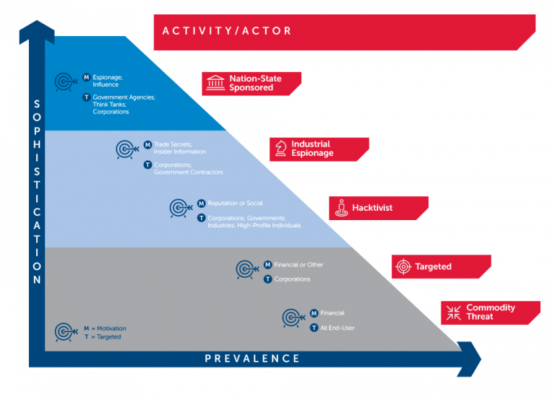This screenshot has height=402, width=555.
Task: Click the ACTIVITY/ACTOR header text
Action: (x=227, y=31)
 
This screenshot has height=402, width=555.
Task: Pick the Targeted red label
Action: (x=433, y=267)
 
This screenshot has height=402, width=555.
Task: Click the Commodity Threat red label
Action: (x=490, y=312)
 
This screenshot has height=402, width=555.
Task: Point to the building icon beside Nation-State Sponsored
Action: (x=215, y=83)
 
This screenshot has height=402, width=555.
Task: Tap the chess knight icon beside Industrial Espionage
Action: (x=280, y=149)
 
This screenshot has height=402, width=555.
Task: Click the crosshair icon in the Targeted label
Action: (x=403, y=267)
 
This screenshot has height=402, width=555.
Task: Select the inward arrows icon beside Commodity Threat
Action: (x=454, y=313)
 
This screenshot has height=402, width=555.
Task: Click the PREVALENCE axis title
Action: (x=252, y=359)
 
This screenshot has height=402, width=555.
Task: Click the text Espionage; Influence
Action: (x=106, y=80)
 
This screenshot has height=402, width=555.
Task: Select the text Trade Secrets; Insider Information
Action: (x=180, y=148)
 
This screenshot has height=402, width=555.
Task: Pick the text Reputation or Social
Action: (x=235, y=204)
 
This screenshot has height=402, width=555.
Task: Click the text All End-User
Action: (x=337, y=328)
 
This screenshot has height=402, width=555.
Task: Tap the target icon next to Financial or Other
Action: (x=246, y=269)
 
